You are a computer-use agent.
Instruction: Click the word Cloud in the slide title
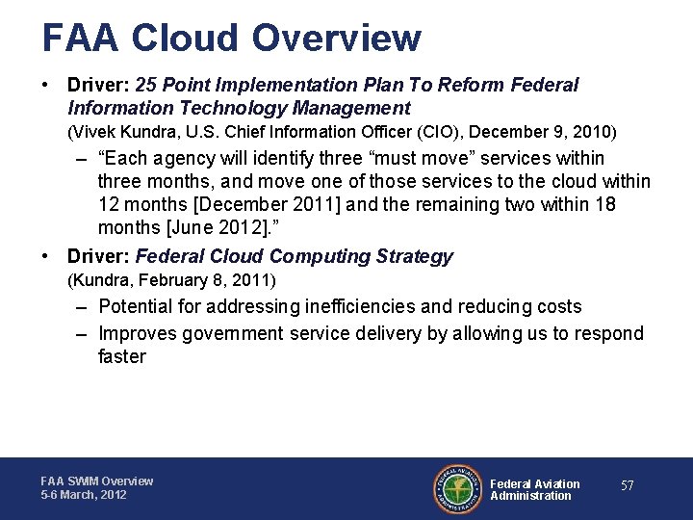(185, 39)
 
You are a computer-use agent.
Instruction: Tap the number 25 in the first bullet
(148, 86)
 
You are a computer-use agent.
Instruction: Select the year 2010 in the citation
(596, 132)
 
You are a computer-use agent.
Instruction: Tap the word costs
(555, 307)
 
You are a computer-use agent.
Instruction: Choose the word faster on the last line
(122, 357)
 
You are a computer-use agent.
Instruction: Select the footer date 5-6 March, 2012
(84, 495)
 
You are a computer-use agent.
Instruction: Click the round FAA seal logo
(457, 489)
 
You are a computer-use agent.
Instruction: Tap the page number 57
(628, 486)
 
